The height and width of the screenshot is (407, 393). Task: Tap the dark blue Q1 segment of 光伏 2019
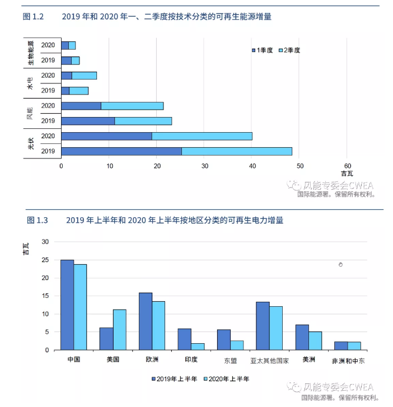click(x=121, y=151)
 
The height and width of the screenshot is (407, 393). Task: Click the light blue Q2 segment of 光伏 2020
click(x=202, y=136)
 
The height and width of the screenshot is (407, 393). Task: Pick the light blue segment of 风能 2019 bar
click(x=143, y=121)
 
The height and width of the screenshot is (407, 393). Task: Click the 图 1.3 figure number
click(x=38, y=221)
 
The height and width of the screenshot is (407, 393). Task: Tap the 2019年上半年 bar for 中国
click(x=67, y=305)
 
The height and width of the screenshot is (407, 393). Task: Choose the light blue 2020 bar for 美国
click(x=119, y=330)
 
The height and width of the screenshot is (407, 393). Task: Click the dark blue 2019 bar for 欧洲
click(x=145, y=321)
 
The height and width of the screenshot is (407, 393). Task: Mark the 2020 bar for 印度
click(x=198, y=347)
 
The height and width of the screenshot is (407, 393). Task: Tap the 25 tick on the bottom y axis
click(x=45, y=260)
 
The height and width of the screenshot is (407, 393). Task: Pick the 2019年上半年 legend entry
click(x=175, y=379)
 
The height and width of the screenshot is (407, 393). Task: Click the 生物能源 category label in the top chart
click(x=31, y=53)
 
